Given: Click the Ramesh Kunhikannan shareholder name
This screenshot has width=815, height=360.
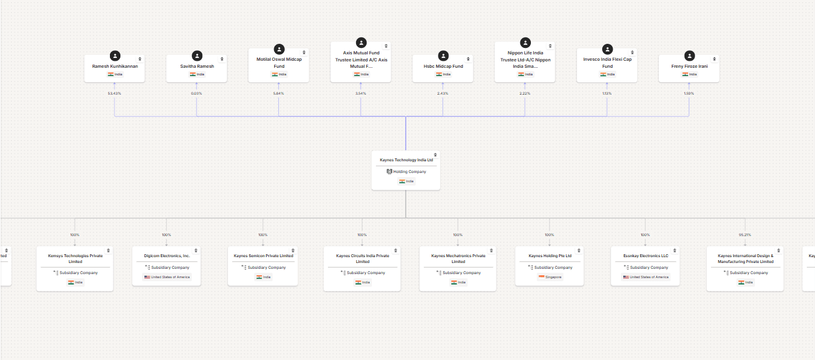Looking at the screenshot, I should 115,66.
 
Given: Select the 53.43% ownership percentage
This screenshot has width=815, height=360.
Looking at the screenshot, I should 115,94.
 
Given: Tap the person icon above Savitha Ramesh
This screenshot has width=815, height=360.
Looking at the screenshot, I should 197,56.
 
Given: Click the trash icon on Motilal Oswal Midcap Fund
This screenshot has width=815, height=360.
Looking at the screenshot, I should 304,53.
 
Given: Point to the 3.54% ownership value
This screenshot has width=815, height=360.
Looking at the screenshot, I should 361,94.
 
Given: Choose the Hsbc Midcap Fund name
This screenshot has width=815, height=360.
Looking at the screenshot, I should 443,66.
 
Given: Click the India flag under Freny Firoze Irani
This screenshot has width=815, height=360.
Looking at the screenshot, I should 685,74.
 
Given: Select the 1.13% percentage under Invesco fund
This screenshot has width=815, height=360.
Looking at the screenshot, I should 607,94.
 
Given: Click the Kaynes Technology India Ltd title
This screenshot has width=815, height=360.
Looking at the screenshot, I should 406,160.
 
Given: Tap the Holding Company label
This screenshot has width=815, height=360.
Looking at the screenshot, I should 409,172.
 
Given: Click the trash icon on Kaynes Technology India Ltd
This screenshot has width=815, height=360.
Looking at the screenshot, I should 436,155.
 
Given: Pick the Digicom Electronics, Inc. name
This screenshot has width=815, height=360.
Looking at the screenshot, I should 167,256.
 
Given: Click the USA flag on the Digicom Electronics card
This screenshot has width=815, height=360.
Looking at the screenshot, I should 147,277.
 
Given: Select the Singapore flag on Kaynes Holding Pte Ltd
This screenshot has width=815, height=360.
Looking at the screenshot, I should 541,277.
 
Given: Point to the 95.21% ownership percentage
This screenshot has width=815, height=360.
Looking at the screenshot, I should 745,235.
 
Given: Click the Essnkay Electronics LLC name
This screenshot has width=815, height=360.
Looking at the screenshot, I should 645,256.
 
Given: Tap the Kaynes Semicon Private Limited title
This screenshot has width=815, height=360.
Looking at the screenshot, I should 263,256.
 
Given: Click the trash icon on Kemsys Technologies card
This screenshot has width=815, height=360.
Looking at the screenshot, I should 108,251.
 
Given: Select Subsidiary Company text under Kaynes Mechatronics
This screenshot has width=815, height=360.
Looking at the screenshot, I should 461,273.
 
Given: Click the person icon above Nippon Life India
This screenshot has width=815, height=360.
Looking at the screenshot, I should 526,43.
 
